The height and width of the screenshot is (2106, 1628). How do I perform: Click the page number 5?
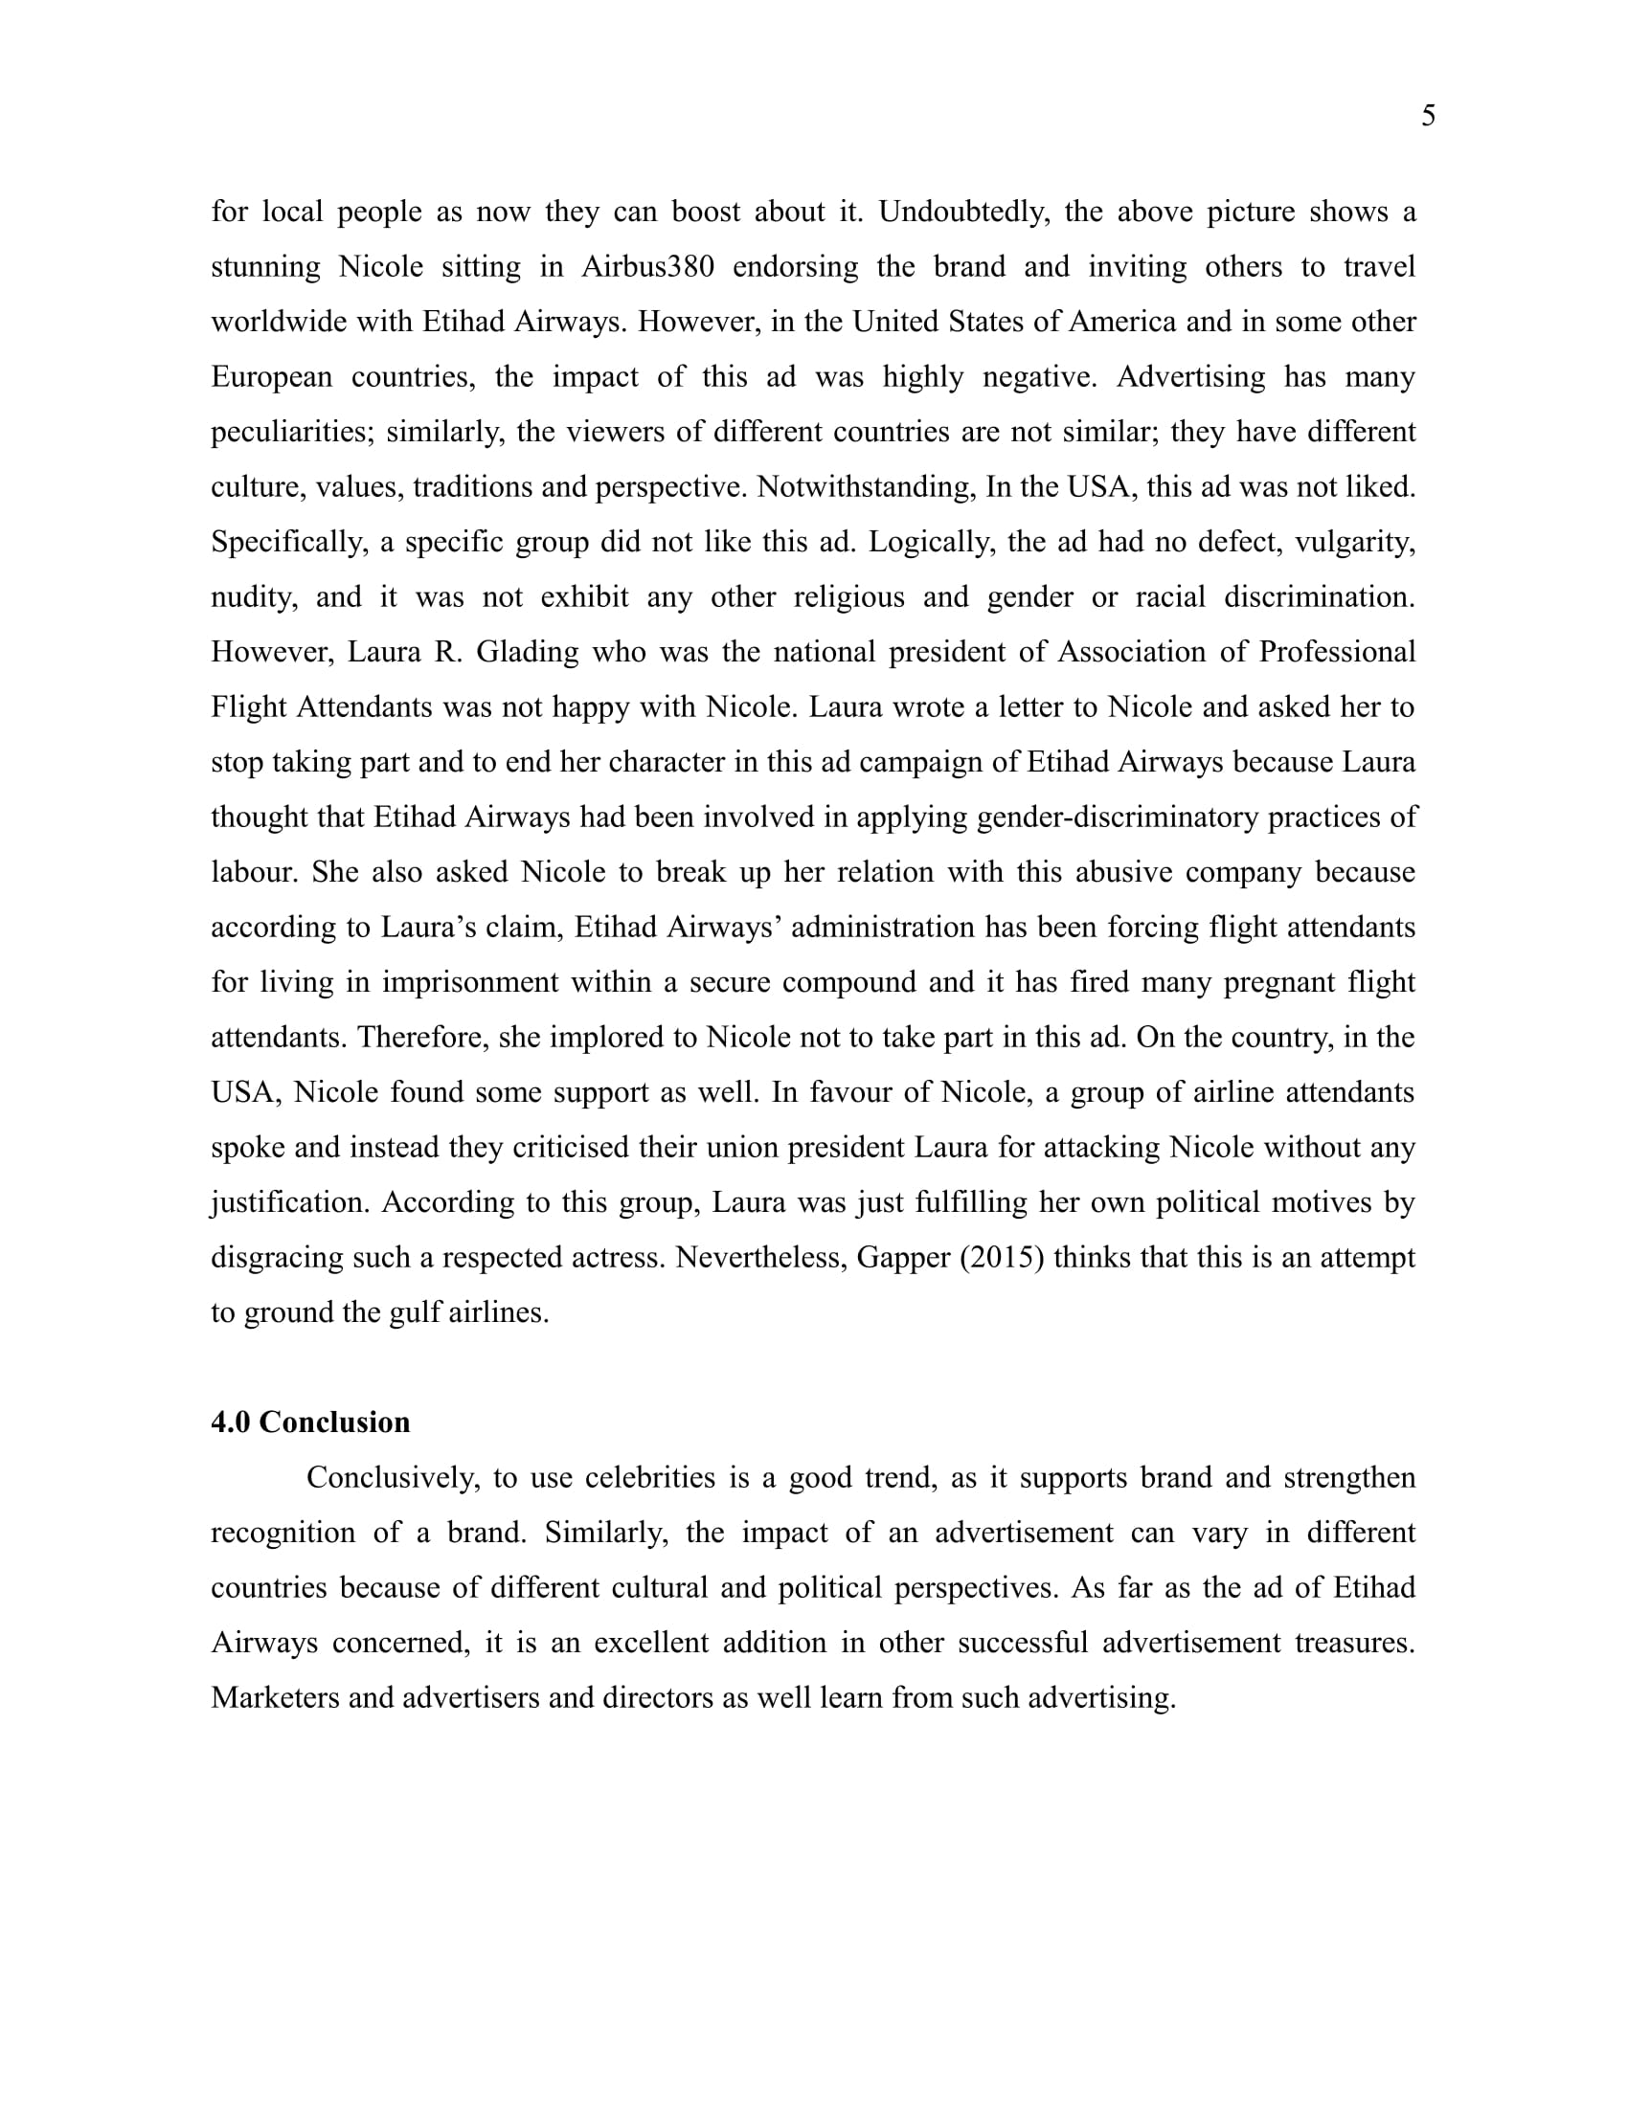[x=1429, y=117]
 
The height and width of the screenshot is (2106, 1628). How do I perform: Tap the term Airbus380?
[x=647, y=266]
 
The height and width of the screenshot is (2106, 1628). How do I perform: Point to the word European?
[x=271, y=376]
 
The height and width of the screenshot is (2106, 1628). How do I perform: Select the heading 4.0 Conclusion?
[x=310, y=1423]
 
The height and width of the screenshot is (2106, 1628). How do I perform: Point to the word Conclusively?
[x=393, y=1478]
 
